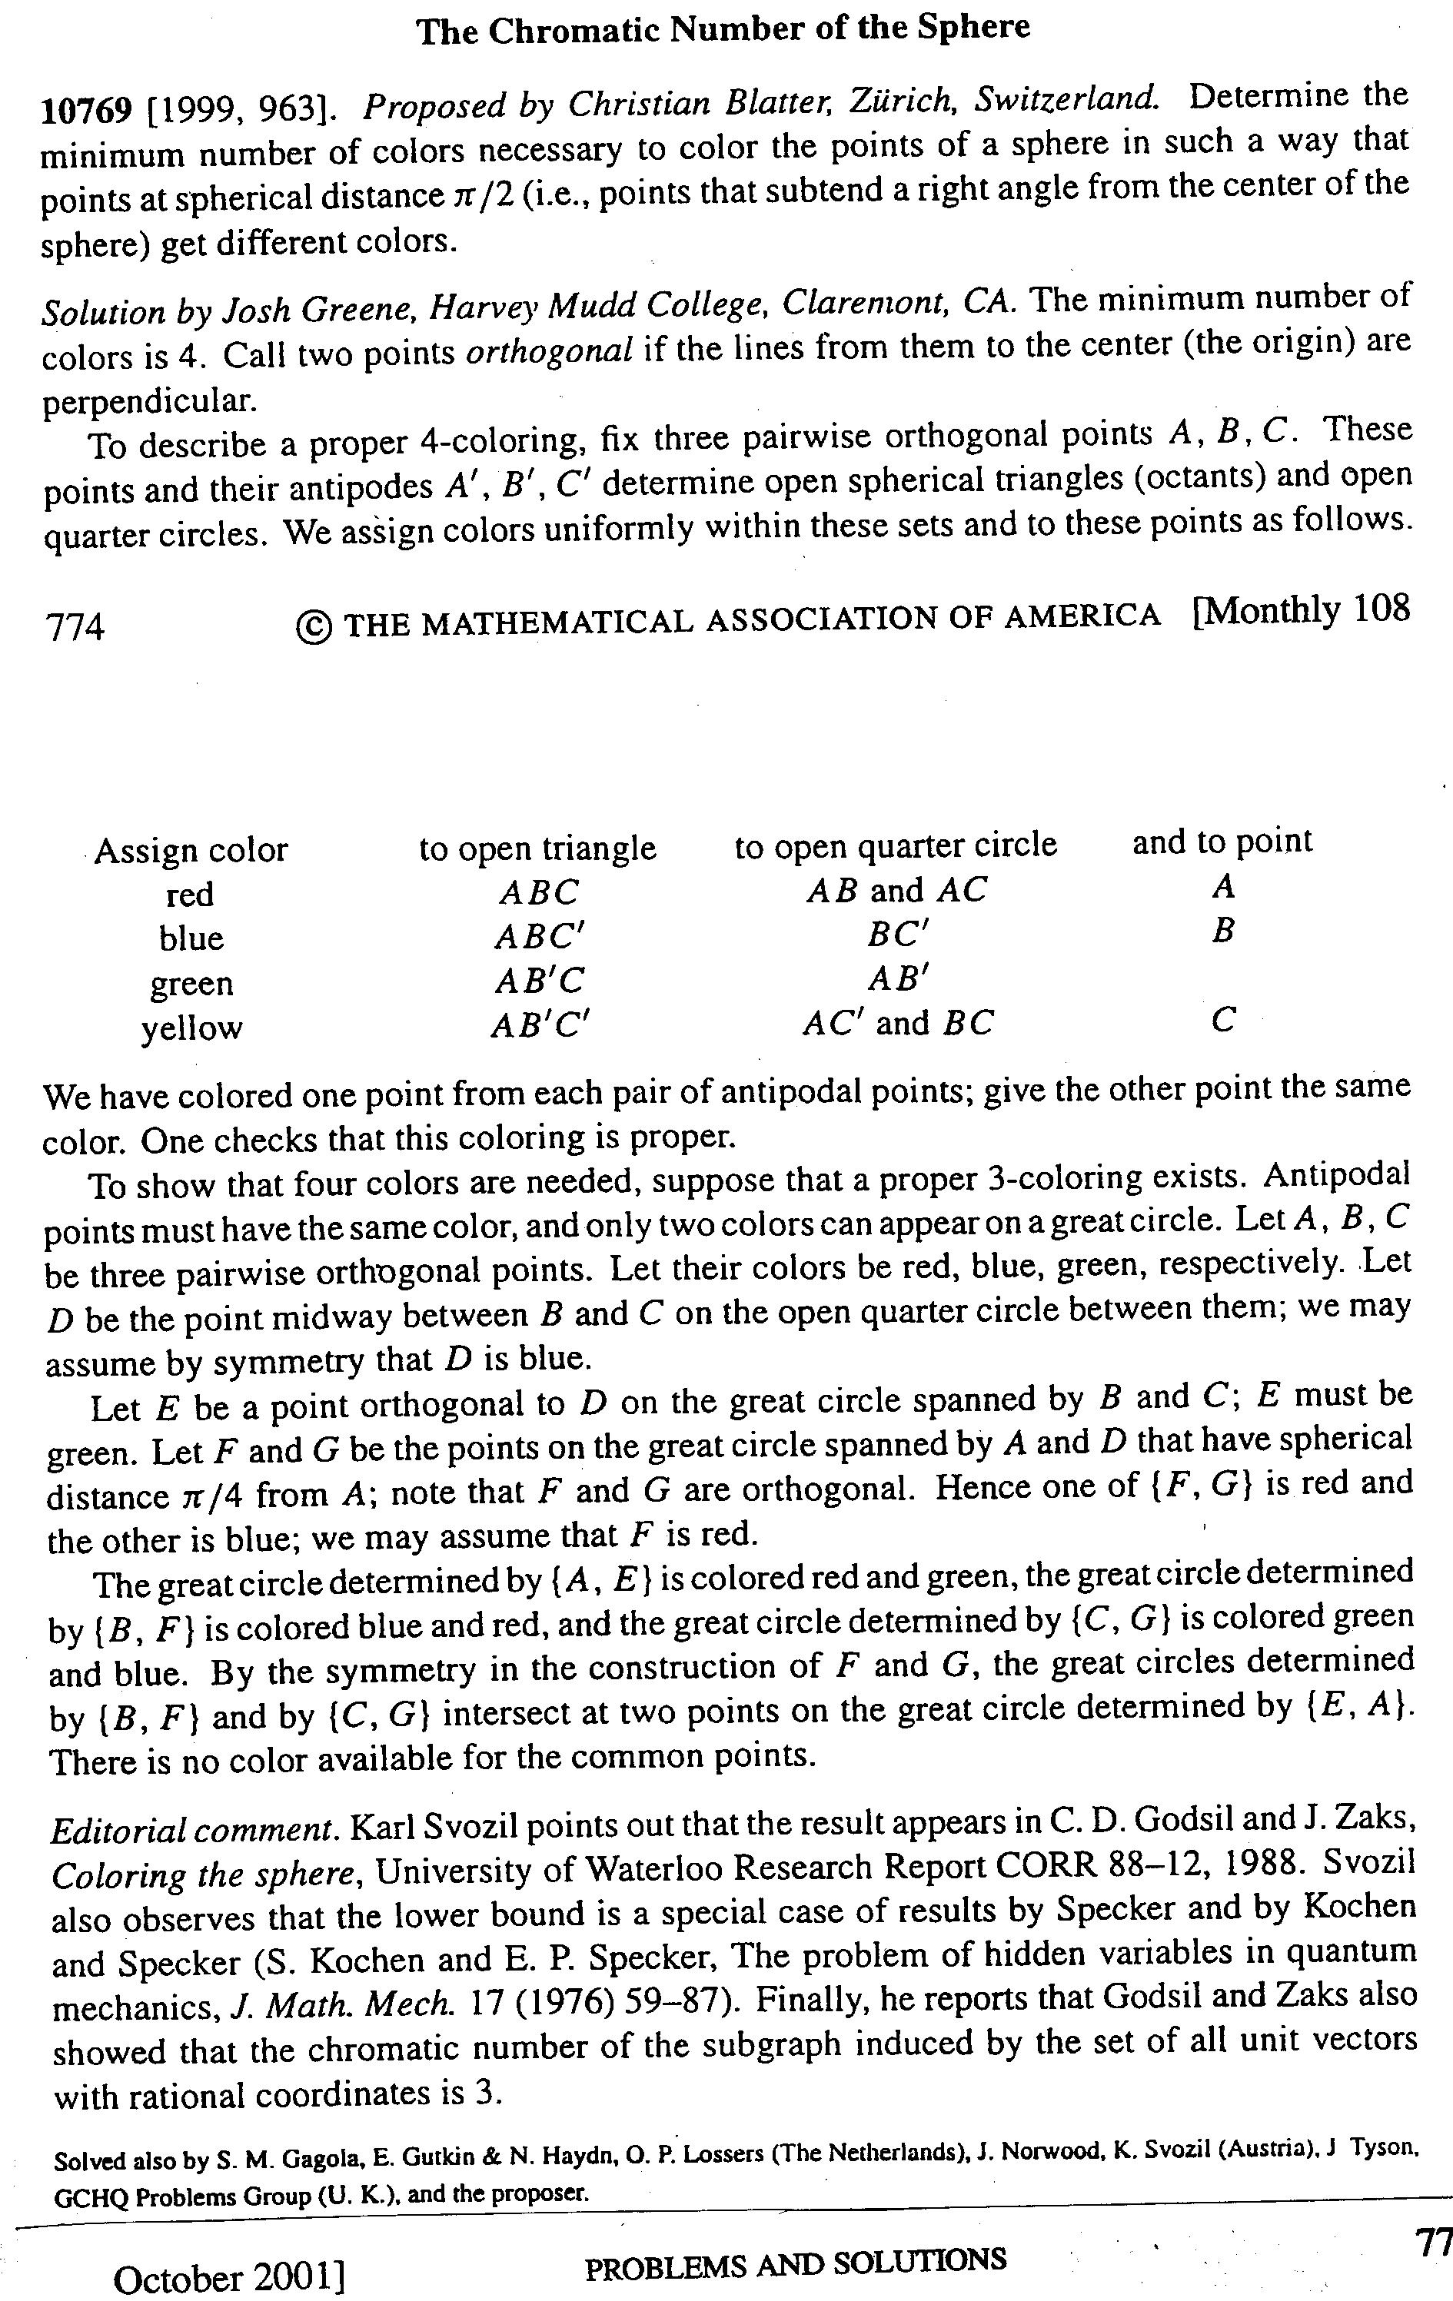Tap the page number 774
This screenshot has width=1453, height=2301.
click(75, 627)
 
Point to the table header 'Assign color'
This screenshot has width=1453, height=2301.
click(191, 849)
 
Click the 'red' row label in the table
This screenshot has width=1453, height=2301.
click(189, 895)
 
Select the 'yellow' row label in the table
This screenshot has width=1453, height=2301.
click(191, 1028)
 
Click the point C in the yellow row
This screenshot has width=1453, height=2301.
click(1222, 1021)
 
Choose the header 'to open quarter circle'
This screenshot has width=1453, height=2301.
click(896, 845)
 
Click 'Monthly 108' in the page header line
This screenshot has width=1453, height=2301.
click(1303, 609)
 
